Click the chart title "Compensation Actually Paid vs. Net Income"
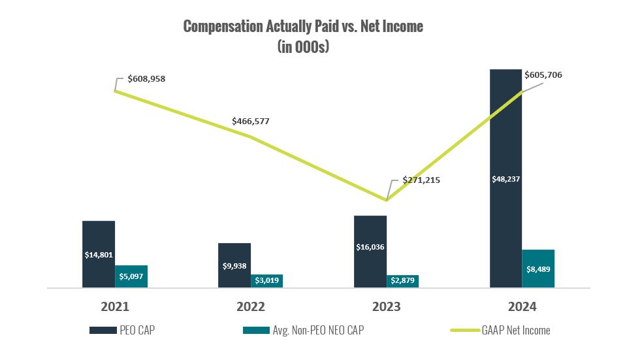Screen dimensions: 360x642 click(303, 26)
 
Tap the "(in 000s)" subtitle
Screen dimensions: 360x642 click(303, 48)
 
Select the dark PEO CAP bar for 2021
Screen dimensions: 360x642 click(99, 254)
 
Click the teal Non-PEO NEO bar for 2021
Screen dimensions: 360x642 click(131, 276)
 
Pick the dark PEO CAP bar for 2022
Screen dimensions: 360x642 click(234, 265)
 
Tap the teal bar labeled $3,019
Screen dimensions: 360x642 click(266, 280)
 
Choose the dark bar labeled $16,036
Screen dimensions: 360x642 click(370, 252)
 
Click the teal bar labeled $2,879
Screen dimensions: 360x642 click(402, 281)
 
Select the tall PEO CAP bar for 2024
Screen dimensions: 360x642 click(506, 178)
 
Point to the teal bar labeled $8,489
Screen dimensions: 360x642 click(538, 269)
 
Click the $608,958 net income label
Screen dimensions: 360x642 click(146, 78)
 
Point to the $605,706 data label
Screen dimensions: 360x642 click(543, 75)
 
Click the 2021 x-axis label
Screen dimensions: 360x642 click(115, 306)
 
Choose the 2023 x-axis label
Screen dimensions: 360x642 click(386, 306)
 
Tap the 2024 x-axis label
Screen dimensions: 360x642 click(522, 306)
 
